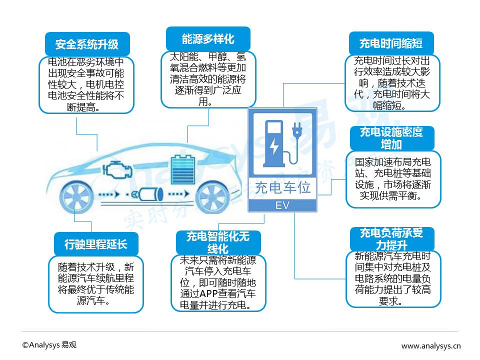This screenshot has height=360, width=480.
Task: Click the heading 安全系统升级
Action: (x=86, y=44)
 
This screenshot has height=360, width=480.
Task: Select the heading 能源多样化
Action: (x=207, y=39)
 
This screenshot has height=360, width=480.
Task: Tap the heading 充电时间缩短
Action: (x=390, y=43)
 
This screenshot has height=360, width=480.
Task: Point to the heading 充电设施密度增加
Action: (x=391, y=138)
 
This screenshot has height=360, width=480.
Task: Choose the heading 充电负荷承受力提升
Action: (x=391, y=239)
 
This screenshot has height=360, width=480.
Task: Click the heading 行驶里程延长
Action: (x=95, y=244)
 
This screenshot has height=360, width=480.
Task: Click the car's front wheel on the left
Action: (x=76, y=194)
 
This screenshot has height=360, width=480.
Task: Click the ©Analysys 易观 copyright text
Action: (x=49, y=345)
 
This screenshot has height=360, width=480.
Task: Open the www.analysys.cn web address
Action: (x=431, y=345)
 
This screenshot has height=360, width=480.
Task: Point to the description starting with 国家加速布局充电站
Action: (x=393, y=179)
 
